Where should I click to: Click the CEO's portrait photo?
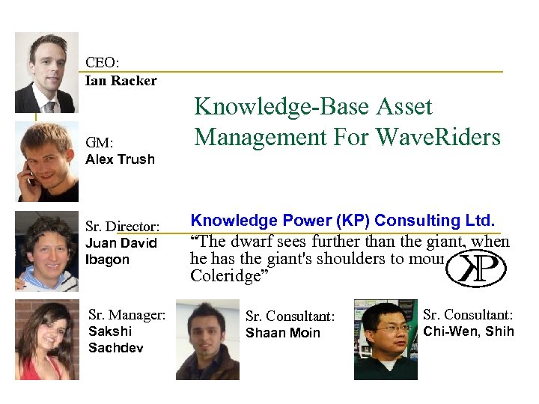(46, 73)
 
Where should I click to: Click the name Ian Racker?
(121, 81)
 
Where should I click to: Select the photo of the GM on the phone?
(48, 162)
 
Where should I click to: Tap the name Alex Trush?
(120, 159)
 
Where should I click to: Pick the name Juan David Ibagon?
(121, 251)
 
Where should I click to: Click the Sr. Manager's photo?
(46, 340)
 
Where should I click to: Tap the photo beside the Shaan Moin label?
(207, 340)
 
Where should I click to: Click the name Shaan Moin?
(282, 333)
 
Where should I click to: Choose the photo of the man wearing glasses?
(386, 340)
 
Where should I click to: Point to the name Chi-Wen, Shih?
(469, 331)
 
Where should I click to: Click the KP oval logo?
(475, 269)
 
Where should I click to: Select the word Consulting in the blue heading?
(424, 221)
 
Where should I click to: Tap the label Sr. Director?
(123, 226)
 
